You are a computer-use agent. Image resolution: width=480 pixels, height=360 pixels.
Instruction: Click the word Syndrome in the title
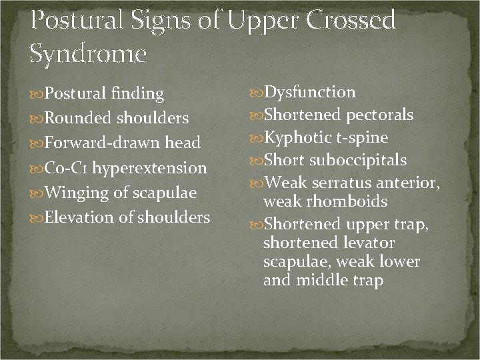[x=88, y=52]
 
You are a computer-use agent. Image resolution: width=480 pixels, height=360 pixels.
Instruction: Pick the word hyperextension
[x=149, y=168]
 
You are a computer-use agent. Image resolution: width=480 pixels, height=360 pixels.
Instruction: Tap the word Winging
[x=66, y=193]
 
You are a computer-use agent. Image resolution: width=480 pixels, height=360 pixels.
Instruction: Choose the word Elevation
[x=70, y=217]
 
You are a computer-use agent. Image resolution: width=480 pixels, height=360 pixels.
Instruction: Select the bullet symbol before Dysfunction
[x=256, y=93]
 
